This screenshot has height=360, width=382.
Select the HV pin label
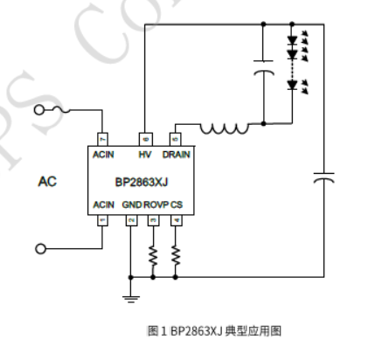click(x=145, y=154)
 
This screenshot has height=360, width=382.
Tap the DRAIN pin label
click(x=176, y=154)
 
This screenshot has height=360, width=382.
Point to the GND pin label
click(x=132, y=204)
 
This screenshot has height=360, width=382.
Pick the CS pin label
click(x=177, y=204)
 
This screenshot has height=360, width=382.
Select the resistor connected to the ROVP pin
click(x=153, y=255)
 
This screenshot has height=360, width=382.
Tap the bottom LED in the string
click(x=293, y=86)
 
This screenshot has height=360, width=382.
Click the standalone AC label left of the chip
click(x=49, y=183)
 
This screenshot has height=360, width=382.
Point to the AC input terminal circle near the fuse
click(x=39, y=111)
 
